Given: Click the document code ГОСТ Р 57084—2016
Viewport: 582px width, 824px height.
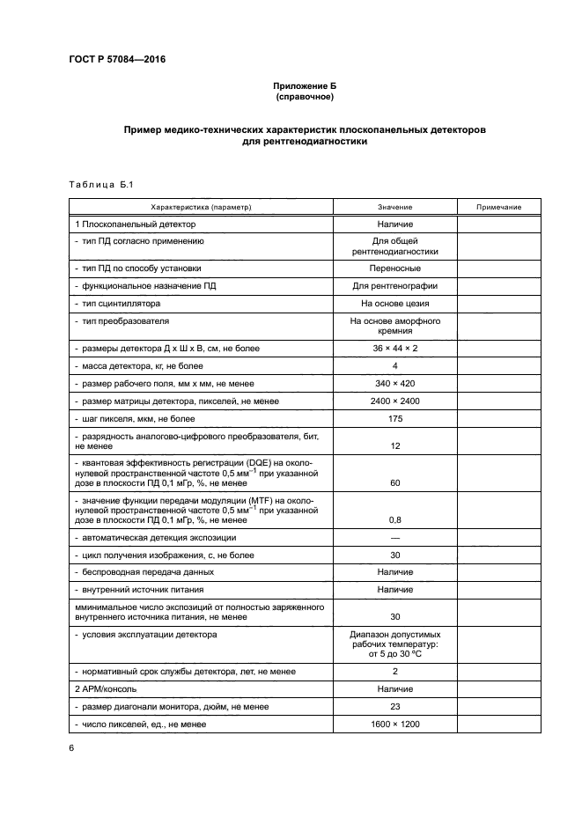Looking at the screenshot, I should (x=116, y=60).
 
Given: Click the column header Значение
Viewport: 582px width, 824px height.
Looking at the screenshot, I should (x=394, y=207).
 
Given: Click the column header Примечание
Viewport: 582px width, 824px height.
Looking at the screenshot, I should (x=499, y=207).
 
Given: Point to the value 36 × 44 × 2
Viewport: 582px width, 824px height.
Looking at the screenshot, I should (x=394, y=349).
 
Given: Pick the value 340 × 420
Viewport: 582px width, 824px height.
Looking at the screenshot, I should (x=394, y=384).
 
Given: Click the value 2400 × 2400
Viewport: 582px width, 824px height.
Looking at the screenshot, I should (x=394, y=401).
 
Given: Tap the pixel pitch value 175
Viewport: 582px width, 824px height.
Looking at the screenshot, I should (x=394, y=419).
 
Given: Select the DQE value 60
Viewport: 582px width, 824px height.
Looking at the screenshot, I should (x=394, y=483).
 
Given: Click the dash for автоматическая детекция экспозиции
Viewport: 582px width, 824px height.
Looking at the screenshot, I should (x=394, y=537).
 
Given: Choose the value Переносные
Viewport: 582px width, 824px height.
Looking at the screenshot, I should (x=394, y=268).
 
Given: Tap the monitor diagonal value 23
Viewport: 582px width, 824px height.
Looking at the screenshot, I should (x=394, y=707).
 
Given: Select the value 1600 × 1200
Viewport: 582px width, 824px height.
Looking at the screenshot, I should (x=394, y=725).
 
